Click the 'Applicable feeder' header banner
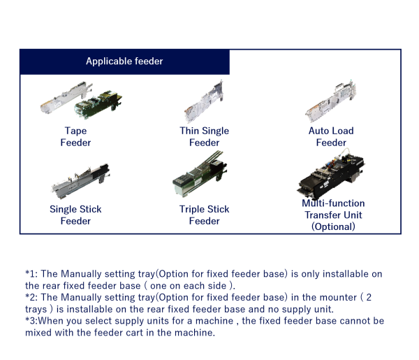point(124,62)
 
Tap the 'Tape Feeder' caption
point(75,136)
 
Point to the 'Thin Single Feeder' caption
point(204,136)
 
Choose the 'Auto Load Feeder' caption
point(331,136)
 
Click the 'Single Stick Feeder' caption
point(75,215)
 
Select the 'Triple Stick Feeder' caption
point(204,215)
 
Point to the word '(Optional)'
point(333,226)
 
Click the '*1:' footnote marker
point(33,274)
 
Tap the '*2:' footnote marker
point(33,297)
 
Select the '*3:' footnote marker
point(33,321)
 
